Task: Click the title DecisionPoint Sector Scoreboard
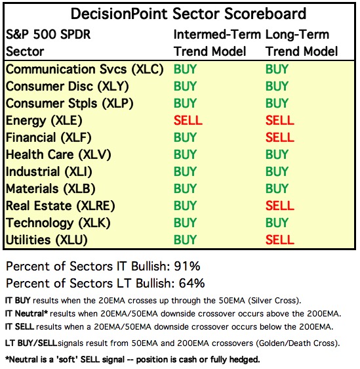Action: click(188, 14)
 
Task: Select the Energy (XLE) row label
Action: click(44, 121)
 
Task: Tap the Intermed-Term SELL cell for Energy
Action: click(188, 120)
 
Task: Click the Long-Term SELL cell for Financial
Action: click(279, 137)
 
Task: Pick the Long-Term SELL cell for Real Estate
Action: click(279, 206)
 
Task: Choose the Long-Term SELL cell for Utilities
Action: click(279, 240)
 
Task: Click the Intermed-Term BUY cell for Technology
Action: click(185, 223)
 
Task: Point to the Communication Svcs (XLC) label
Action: click(85, 70)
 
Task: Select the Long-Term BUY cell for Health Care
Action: click(277, 154)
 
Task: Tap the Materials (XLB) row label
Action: click(50, 189)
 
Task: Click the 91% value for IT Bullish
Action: click(187, 266)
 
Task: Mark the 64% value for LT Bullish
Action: click(191, 283)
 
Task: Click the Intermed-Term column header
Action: click(217, 35)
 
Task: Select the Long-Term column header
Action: click(297, 35)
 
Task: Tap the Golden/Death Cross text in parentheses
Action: click(297, 343)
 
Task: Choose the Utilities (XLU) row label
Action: click(47, 240)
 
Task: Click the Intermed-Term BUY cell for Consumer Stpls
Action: click(185, 103)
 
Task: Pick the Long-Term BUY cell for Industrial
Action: click(277, 171)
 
